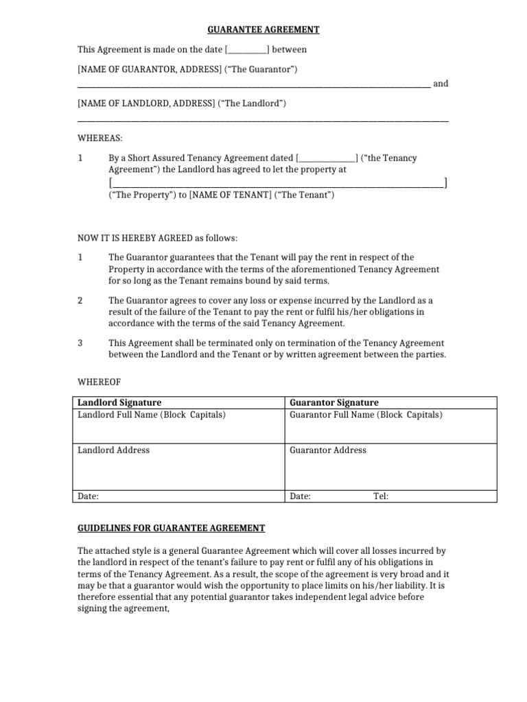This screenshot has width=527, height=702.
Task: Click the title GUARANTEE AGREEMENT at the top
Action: coord(263,29)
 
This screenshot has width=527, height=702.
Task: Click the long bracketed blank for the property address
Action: coord(278,183)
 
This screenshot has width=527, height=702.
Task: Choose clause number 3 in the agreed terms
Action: coord(80,343)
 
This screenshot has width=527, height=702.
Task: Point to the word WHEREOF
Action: coord(100,381)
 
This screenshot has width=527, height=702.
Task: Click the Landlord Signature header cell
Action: coord(119,402)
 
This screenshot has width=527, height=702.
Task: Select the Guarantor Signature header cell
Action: coord(334,402)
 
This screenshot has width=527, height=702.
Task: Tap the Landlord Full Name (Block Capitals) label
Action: coord(152,415)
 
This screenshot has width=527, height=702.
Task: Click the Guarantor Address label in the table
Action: coord(328,450)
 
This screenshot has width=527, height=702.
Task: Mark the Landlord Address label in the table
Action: coord(113,450)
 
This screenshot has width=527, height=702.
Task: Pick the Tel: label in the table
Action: coord(381,496)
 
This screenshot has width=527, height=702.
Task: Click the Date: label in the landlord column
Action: coord(89,496)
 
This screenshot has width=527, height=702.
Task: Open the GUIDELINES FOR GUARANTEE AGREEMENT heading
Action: coord(171,528)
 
